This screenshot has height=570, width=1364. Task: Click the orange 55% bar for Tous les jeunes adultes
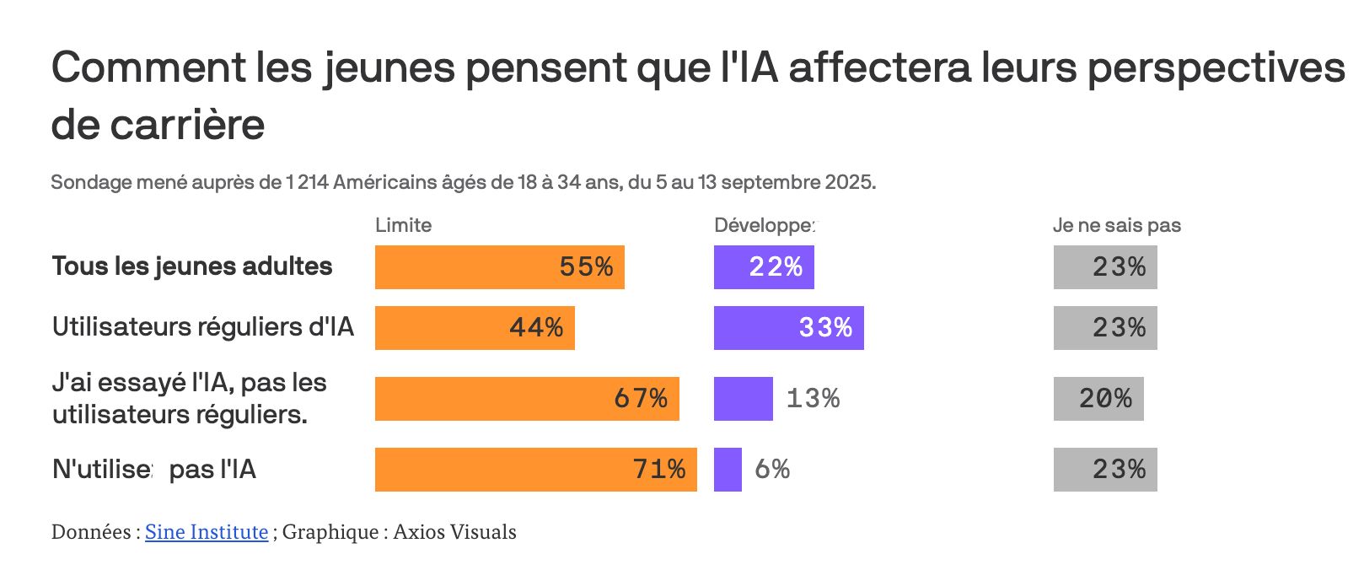pyautogui.click(x=499, y=267)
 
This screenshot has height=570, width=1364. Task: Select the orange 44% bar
pyautogui.click(x=475, y=328)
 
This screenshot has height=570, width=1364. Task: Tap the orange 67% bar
pyautogui.click(x=527, y=399)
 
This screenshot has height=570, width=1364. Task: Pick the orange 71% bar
pyautogui.click(x=535, y=470)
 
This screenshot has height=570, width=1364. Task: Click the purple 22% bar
pyautogui.click(x=764, y=267)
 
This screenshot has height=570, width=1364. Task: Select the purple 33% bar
pyautogui.click(x=788, y=328)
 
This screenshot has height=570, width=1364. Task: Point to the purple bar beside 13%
pyautogui.click(x=743, y=399)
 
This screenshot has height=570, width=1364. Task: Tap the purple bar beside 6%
pyautogui.click(x=728, y=470)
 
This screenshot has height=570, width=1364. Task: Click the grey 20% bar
pyautogui.click(x=1098, y=399)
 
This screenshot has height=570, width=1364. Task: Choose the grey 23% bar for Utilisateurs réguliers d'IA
pyautogui.click(x=1105, y=328)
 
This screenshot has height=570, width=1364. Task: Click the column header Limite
pyautogui.click(x=403, y=225)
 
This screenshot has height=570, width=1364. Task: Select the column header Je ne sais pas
pyautogui.click(x=1116, y=225)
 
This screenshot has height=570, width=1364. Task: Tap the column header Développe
pyautogui.click(x=765, y=225)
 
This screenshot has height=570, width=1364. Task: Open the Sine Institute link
pyautogui.click(x=207, y=532)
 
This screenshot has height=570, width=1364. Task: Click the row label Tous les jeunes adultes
pyautogui.click(x=192, y=266)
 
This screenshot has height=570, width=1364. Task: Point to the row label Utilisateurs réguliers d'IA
pyautogui.click(x=202, y=327)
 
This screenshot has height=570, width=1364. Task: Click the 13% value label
pyautogui.click(x=813, y=399)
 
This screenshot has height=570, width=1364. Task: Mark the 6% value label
pyautogui.click(x=772, y=470)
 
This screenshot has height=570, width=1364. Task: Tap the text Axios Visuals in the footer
pyautogui.click(x=454, y=532)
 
